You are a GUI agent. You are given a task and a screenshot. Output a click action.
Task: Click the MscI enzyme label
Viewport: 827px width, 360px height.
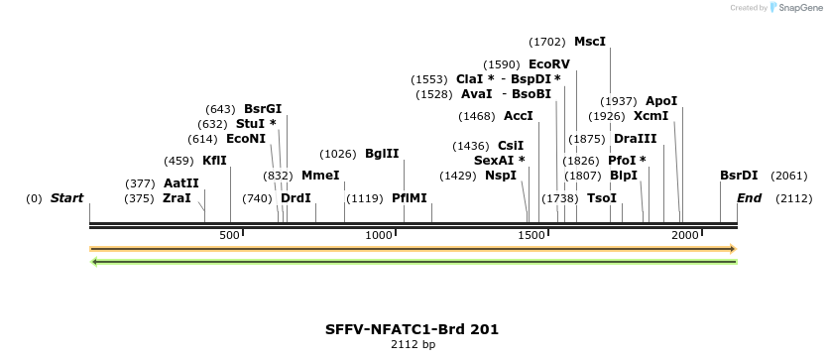click(x=589, y=42)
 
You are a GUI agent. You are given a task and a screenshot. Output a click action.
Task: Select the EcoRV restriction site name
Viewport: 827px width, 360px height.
click(x=548, y=64)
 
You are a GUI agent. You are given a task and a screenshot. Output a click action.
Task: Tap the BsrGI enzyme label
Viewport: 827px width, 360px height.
click(x=263, y=109)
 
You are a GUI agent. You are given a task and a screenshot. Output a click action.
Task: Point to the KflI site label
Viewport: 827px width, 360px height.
click(x=214, y=161)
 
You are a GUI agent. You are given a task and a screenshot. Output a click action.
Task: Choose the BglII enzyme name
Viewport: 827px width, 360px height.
click(x=382, y=154)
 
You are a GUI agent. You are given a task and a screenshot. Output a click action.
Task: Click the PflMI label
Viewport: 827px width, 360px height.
click(x=409, y=198)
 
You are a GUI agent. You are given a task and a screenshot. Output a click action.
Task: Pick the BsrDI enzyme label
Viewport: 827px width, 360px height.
click(x=739, y=176)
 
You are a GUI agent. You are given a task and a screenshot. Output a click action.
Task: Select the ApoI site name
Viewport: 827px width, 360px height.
click(x=661, y=101)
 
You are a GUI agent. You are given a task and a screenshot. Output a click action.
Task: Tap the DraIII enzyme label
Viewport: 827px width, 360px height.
click(x=635, y=139)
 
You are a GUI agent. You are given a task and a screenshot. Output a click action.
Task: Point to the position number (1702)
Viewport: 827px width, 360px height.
click(x=547, y=42)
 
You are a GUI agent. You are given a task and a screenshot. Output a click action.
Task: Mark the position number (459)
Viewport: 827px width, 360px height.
click(x=178, y=161)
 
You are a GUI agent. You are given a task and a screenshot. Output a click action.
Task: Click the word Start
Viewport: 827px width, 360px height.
click(x=66, y=198)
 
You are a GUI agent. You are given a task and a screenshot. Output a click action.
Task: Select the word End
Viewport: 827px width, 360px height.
click(x=749, y=198)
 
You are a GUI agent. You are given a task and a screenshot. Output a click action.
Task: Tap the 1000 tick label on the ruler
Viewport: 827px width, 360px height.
click(x=380, y=235)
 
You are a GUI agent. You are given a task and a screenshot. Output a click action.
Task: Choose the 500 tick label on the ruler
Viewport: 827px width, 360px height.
click(x=230, y=235)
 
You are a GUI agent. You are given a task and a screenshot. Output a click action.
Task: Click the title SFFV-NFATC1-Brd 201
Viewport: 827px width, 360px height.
click(x=412, y=328)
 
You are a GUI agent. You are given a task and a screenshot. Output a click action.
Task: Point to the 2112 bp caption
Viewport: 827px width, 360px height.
click(x=412, y=345)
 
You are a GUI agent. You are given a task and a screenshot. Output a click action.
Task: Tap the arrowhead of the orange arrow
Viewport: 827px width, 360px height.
click(x=732, y=249)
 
